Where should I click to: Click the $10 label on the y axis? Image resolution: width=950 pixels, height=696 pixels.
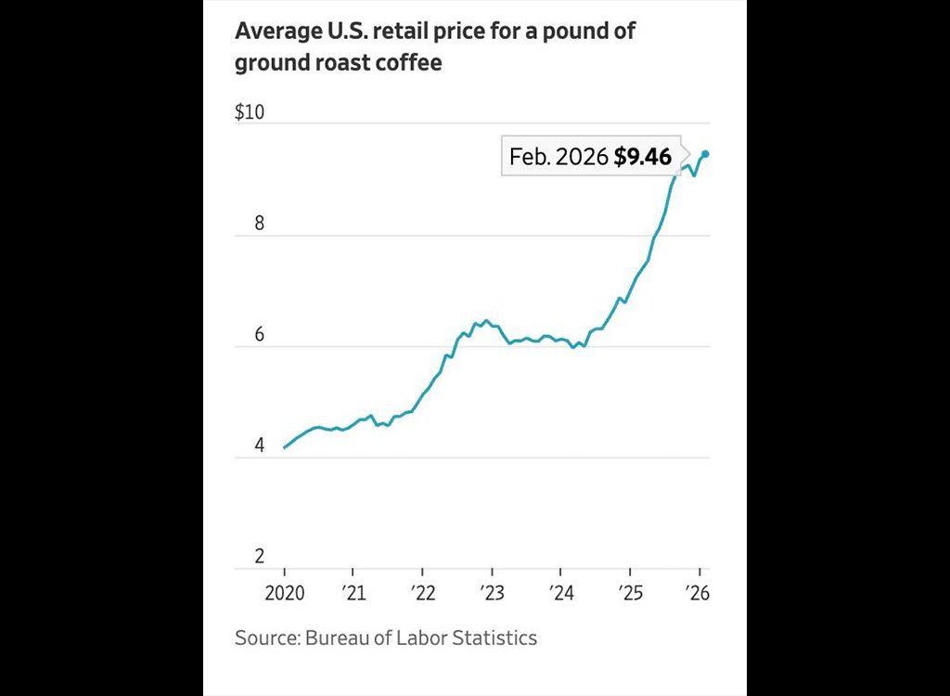click(x=250, y=112)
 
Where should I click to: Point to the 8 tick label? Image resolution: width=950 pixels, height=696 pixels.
click(x=260, y=224)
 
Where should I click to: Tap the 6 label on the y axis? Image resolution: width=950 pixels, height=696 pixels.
click(x=260, y=335)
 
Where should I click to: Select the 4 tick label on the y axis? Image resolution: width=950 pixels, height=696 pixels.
click(x=260, y=445)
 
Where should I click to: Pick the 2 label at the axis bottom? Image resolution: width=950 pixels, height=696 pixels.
click(x=260, y=557)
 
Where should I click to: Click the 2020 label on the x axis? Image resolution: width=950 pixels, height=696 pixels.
click(x=284, y=593)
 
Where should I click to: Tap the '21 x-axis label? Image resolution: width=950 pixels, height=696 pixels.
click(x=353, y=593)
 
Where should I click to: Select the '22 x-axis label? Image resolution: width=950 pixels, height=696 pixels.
click(x=422, y=593)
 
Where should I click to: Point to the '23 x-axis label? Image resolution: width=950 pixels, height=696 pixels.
click(x=492, y=593)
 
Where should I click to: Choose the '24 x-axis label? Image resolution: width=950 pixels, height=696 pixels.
click(x=560, y=593)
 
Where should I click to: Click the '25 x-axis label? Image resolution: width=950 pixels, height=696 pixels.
click(x=630, y=593)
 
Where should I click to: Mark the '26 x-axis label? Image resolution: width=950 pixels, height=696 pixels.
click(x=699, y=593)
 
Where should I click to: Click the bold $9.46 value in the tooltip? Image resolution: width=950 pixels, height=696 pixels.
click(x=642, y=157)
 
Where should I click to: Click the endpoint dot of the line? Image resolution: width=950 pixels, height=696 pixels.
click(x=705, y=154)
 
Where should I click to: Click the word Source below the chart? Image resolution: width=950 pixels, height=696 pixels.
click(x=264, y=638)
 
